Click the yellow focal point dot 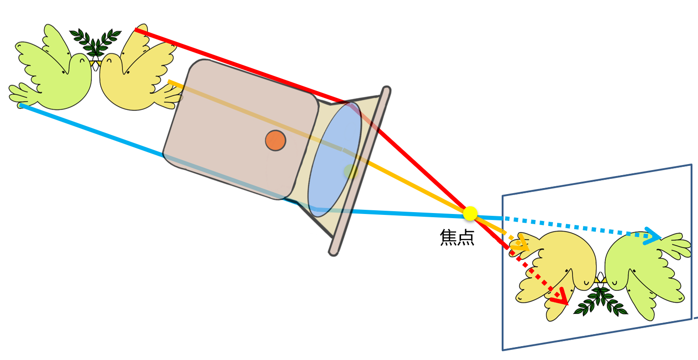(x=470, y=214)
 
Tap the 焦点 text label (x=457, y=238)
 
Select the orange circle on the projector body (x=275, y=140)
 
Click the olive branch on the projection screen (x=601, y=301)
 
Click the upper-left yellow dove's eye (x=109, y=60)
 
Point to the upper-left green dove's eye (x=82, y=60)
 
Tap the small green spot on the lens (x=351, y=171)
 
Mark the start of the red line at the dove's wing (x=135, y=30)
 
